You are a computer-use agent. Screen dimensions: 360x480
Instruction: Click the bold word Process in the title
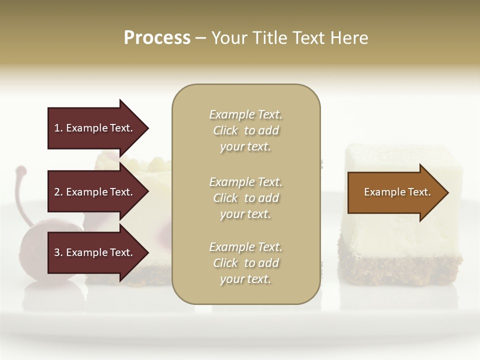point(157,37)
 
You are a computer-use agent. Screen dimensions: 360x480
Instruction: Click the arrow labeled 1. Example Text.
point(95,128)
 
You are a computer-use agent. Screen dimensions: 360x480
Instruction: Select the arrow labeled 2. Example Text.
point(95,192)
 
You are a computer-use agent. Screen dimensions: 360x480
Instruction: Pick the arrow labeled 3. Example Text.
point(95,252)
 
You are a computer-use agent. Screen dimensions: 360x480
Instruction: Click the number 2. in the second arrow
point(58,192)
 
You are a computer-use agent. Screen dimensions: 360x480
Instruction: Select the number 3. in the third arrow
point(58,252)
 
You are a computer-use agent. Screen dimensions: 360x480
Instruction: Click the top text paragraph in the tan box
point(245,130)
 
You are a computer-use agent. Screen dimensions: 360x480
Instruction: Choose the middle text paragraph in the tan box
point(245,198)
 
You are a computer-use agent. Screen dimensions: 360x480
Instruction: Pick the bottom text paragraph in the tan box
point(245,263)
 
